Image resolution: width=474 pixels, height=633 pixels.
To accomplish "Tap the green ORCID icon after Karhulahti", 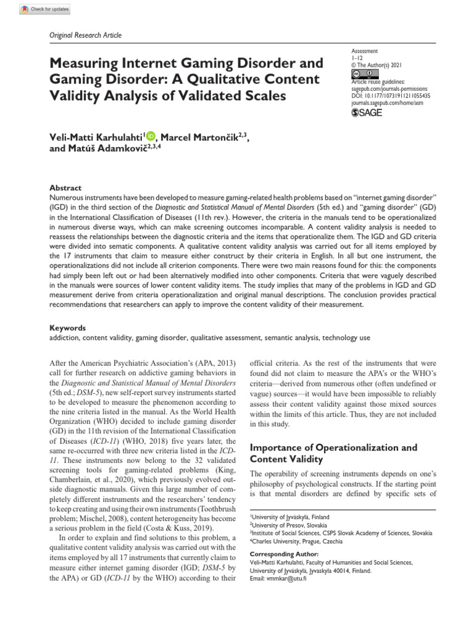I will [151, 137].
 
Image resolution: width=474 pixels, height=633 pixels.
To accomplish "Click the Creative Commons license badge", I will [361, 74].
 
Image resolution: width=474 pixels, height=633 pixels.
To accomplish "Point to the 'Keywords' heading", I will [67, 328].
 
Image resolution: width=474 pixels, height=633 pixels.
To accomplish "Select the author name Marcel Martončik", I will [196, 137].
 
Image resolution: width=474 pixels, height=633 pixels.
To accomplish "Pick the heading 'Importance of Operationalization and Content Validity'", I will [333, 453].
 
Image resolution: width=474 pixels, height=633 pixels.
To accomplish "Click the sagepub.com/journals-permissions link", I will [390, 89].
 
